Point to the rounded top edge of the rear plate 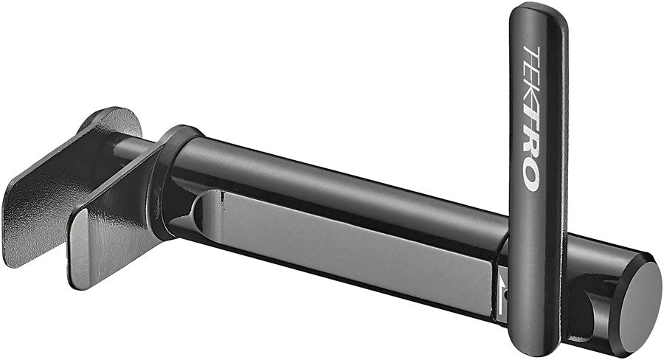111,114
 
